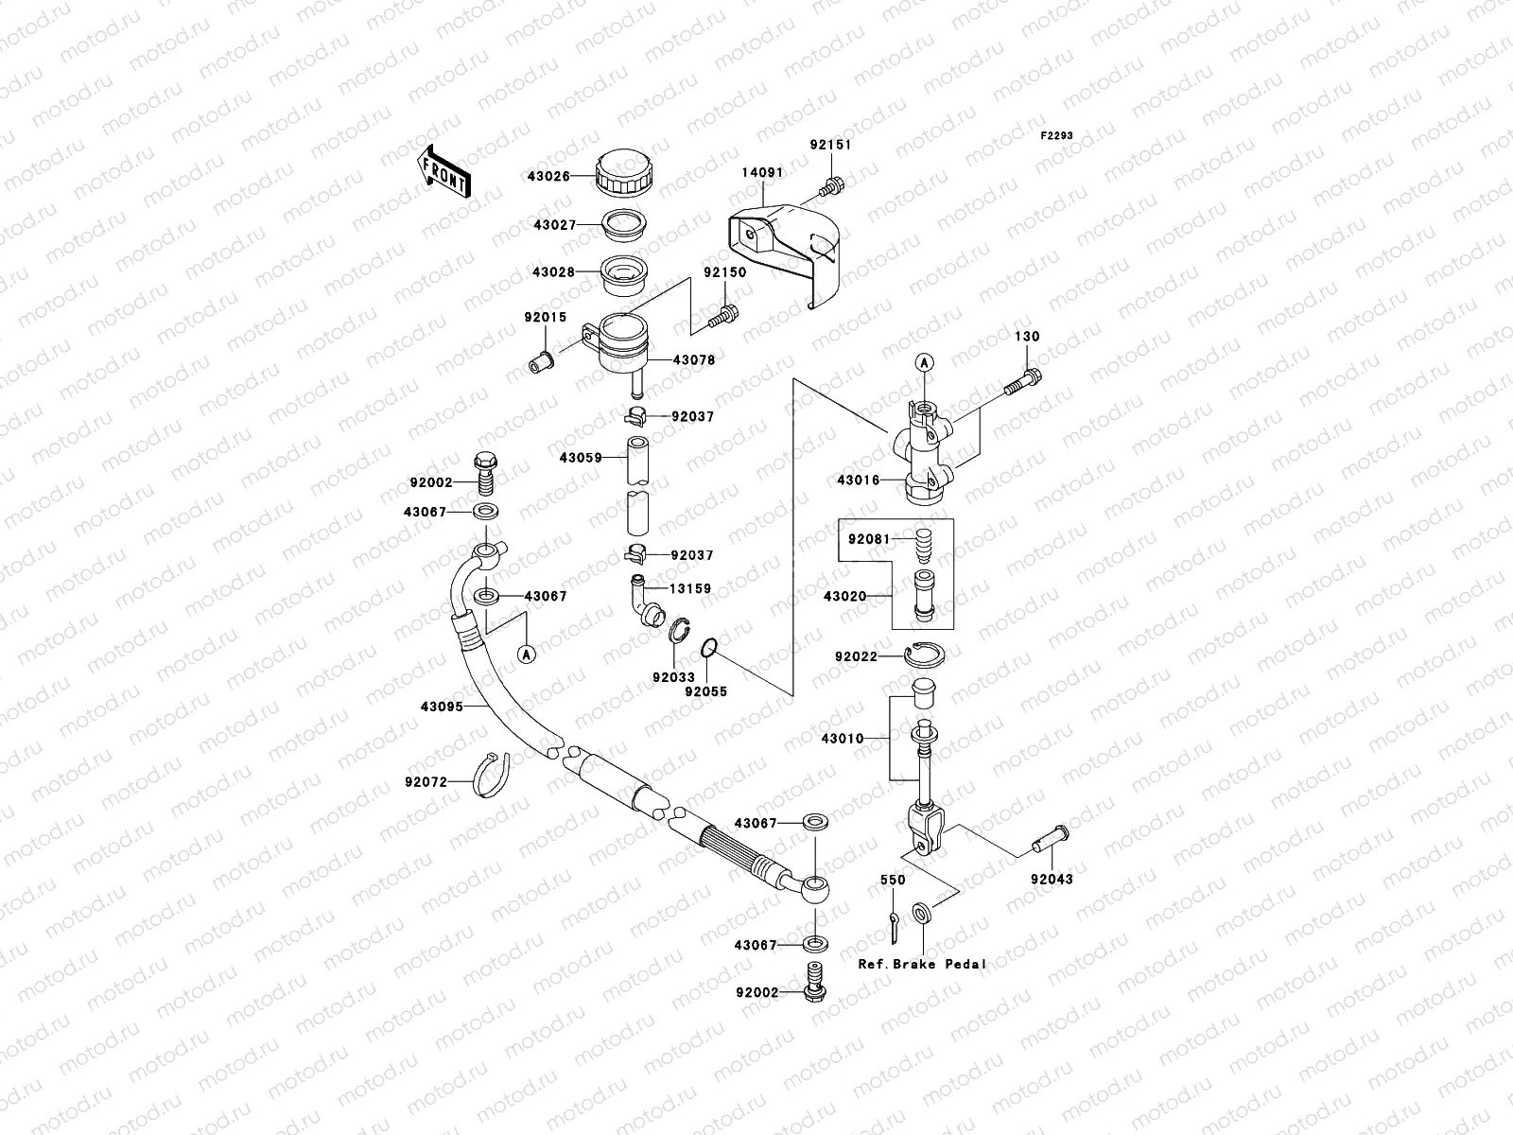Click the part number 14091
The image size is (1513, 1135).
[x=761, y=173]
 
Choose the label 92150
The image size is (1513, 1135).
[x=724, y=272]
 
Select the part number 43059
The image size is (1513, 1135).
[x=580, y=457]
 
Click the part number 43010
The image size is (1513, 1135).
[x=843, y=738]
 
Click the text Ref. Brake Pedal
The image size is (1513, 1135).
[x=922, y=964]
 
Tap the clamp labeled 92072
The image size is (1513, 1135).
[x=492, y=775]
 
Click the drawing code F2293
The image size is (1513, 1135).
[x=1057, y=136]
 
